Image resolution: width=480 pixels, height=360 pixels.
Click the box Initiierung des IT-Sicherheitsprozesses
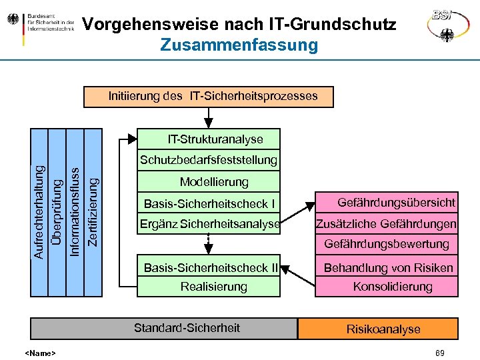click(x=213, y=96)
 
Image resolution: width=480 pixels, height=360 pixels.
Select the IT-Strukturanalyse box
click(x=209, y=139)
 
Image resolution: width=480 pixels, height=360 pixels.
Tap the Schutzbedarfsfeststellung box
click(x=209, y=160)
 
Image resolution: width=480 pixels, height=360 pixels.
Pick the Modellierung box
click(x=209, y=182)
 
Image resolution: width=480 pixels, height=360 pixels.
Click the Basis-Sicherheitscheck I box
click(x=209, y=203)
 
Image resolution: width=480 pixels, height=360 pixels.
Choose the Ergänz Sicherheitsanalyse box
click(x=209, y=224)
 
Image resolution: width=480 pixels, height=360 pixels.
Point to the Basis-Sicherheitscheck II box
click(x=209, y=268)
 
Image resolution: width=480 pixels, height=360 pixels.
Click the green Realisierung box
click(x=209, y=287)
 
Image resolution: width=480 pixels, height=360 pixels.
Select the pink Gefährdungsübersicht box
click(x=387, y=202)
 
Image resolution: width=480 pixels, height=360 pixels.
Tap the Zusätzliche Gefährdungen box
click(x=387, y=224)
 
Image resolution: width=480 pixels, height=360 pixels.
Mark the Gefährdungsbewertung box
click(x=387, y=244)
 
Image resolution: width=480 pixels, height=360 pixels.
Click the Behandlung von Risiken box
click(x=387, y=268)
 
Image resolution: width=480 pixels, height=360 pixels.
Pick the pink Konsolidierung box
click(x=387, y=287)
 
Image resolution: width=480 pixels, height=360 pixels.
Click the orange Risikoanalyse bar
click(x=379, y=329)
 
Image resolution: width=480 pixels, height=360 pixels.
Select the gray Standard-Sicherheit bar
click(x=164, y=328)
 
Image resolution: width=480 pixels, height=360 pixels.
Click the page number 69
click(x=439, y=353)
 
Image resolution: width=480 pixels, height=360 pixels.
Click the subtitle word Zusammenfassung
click(x=239, y=45)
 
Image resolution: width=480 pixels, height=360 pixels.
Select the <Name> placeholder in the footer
click(x=40, y=353)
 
